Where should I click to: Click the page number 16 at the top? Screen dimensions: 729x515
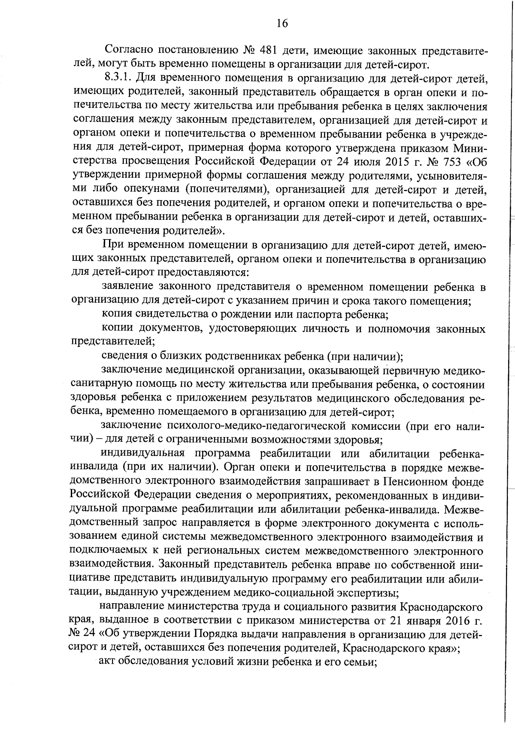pyautogui.click(x=282, y=23)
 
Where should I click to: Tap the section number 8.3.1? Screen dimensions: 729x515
pyautogui.click(x=118, y=79)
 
